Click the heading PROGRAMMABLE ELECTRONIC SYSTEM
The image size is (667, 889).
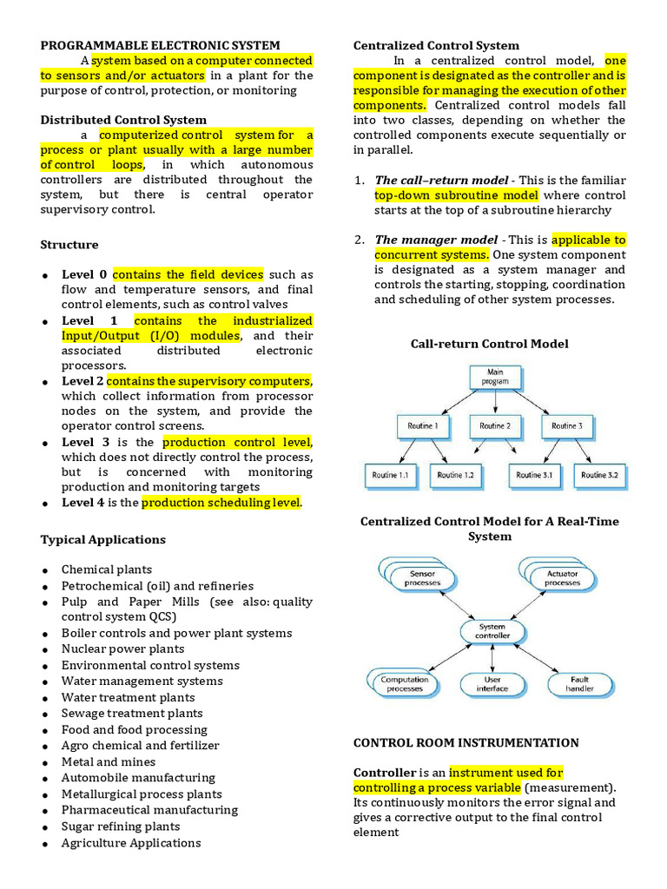pyautogui.click(x=161, y=45)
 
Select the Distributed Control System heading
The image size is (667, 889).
pyautogui.click(x=123, y=120)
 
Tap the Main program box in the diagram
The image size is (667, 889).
pyautogui.click(x=494, y=377)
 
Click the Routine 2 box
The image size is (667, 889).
pyautogui.click(x=494, y=426)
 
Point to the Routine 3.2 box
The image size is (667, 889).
pyautogui.click(x=599, y=475)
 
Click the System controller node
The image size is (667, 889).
pyautogui.click(x=492, y=631)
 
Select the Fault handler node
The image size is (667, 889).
pyautogui.click(x=580, y=684)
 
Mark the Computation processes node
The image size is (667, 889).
pyautogui.click(x=404, y=684)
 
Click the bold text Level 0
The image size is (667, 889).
pyautogui.click(x=84, y=274)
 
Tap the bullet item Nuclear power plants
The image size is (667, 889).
pyautogui.click(x=122, y=649)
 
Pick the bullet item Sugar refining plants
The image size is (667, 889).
pyautogui.click(x=121, y=826)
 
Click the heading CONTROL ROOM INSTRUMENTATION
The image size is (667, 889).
pyautogui.click(x=466, y=743)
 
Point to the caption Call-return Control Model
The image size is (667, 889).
pyautogui.click(x=489, y=344)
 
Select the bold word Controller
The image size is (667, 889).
pyautogui.click(x=385, y=772)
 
